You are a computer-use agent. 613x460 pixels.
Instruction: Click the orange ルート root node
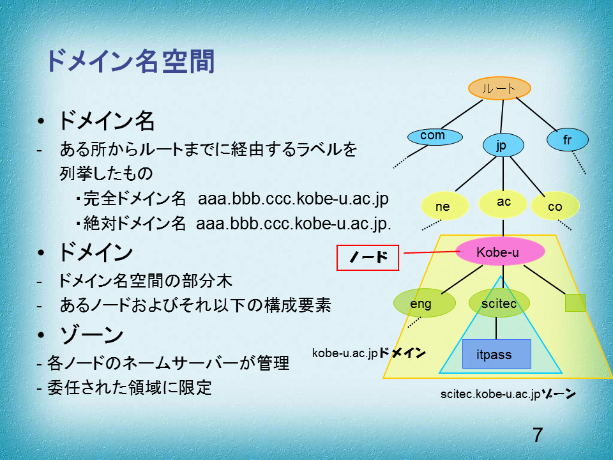coord(499,88)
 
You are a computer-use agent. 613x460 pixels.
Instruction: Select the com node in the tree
coord(435,137)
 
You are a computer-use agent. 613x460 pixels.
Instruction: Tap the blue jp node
coord(503,145)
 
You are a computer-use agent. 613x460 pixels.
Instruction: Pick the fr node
coord(567,140)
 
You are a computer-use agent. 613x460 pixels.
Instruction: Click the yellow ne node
coord(445,206)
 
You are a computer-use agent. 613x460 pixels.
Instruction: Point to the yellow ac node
coord(503,203)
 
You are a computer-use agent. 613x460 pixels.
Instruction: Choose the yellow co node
coord(555,206)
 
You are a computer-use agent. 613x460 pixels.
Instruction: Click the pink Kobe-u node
coord(500,252)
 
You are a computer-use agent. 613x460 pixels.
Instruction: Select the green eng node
coord(425,303)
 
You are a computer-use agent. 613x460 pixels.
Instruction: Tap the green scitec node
coord(499,303)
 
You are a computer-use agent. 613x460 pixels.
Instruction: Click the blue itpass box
coord(497,354)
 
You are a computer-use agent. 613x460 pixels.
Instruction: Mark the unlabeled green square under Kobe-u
coord(575,303)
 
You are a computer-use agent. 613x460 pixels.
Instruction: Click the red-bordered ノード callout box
coord(368,257)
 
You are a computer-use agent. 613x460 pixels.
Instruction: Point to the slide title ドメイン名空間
coord(130,61)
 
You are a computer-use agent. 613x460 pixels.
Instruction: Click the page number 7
coord(538,435)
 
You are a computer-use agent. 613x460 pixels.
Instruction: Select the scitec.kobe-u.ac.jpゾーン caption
coord(508,394)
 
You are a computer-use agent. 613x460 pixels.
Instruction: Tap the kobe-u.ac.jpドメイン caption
coord(368,353)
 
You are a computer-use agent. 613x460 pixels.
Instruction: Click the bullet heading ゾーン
coord(91,334)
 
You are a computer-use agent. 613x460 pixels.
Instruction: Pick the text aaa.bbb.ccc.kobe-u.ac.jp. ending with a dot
coord(294,224)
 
